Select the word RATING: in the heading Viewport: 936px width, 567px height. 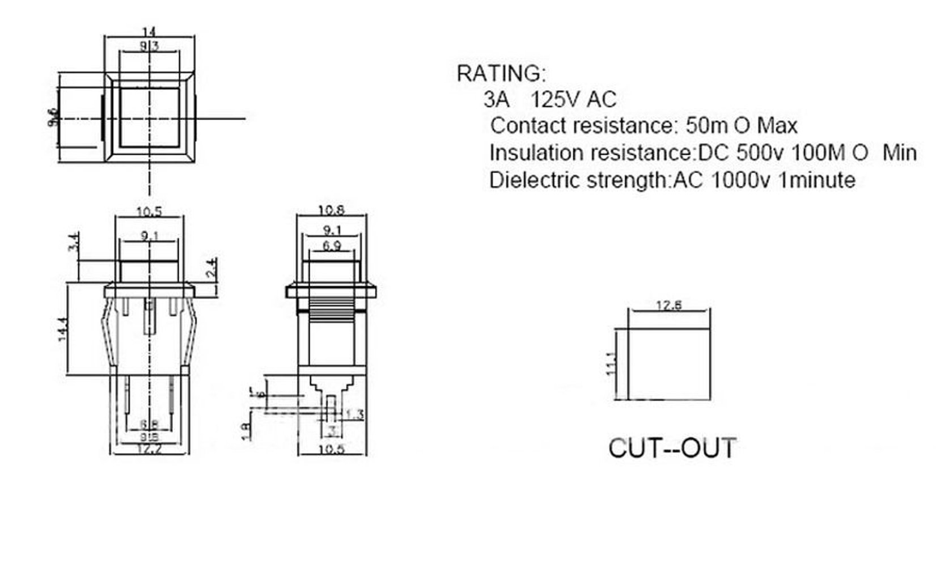[501, 73]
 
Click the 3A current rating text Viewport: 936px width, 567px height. [497, 100]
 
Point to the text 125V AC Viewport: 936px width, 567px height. [573, 100]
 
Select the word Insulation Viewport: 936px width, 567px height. [536, 153]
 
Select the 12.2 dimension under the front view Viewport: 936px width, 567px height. [149, 449]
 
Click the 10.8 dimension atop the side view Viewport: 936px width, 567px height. [331, 210]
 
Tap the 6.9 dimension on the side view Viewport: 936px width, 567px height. [332, 246]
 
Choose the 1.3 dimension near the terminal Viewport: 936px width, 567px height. [354, 415]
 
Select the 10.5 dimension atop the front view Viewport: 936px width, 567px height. [149, 212]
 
